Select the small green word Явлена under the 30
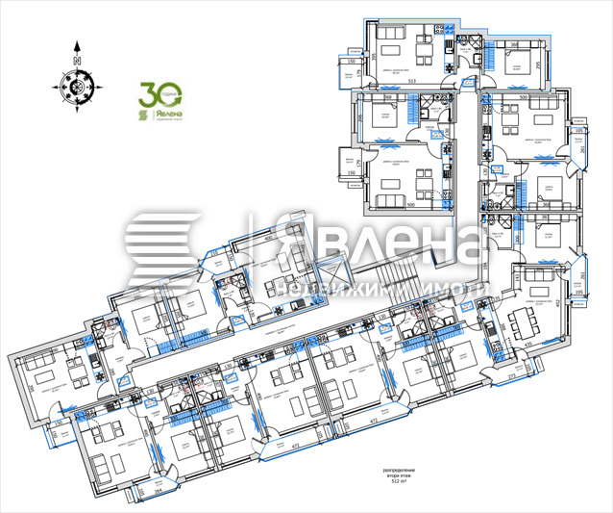point(165,114)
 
